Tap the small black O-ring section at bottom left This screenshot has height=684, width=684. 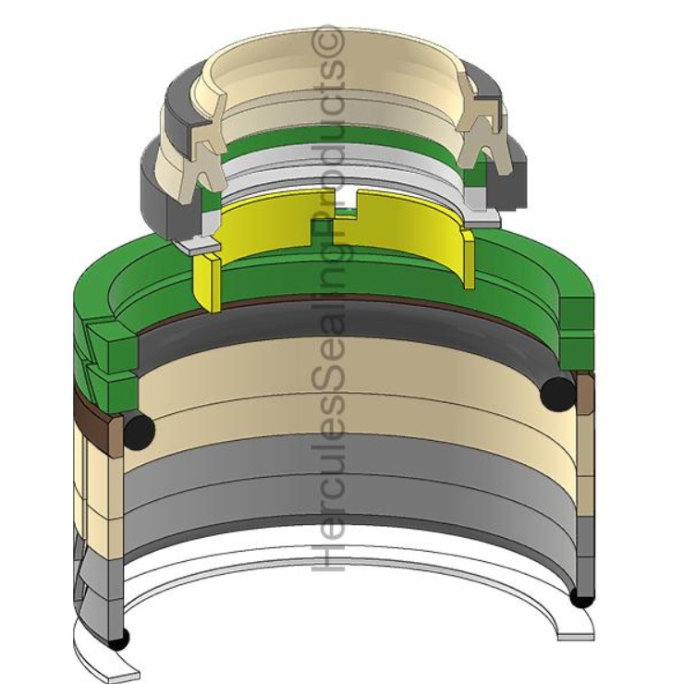[x=119, y=639]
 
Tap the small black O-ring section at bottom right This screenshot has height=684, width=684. [x=582, y=599]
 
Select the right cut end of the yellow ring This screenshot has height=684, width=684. [x=468, y=259]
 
